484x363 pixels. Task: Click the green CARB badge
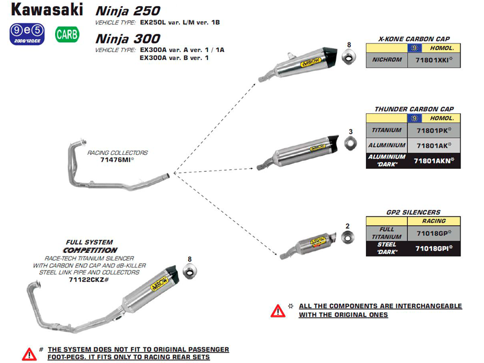(x=67, y=34)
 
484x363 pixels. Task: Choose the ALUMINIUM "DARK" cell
(x=387, y=160)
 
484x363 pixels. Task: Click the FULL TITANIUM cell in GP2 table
(x=387, y=232)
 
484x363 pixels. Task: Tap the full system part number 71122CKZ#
(x=88, y=280)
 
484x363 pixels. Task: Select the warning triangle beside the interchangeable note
(x=278, y=310)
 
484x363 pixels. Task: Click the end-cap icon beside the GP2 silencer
(x=347, y=239)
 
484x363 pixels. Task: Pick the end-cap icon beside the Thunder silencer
(x=350, y=143)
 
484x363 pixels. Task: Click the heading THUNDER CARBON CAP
(x=414, y=109)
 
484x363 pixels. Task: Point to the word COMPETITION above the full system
(x=91, y=250)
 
